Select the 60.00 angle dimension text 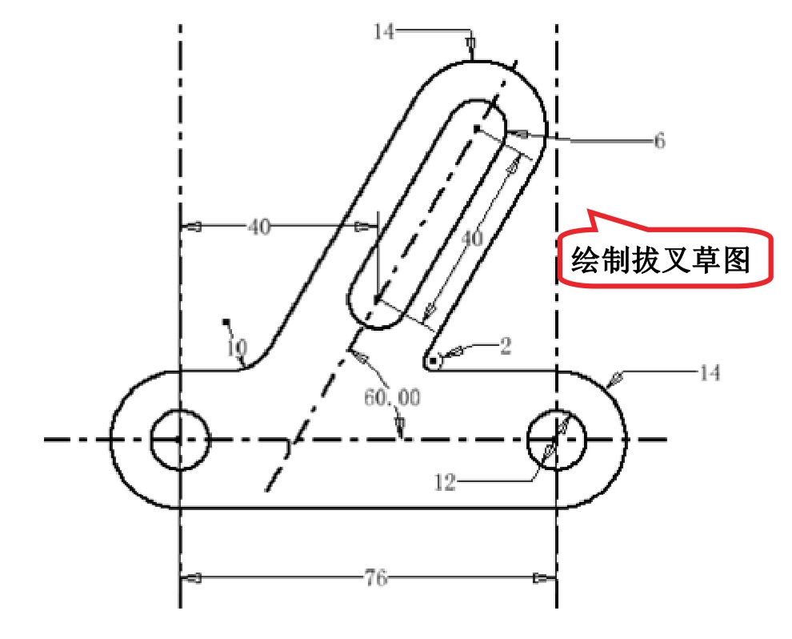coord(392,397)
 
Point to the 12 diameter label coord(445,482)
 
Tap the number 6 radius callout coord(659,141)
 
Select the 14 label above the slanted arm coord(383,32)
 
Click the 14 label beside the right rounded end coord(710,372)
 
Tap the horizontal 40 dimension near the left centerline coord(258,227)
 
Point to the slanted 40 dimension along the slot coord(474,239)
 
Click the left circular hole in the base coord(180,439)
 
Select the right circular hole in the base coord(557,439)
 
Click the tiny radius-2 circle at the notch coord(433,362)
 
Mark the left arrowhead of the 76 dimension coord(192,577)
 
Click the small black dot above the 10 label coord(227,323)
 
